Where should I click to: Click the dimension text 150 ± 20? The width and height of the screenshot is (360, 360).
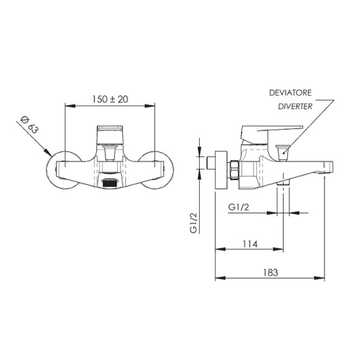click(110, 99)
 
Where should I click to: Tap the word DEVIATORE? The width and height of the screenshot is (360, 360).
click(290, 92)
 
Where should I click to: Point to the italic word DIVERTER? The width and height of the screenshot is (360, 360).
click(294, 106)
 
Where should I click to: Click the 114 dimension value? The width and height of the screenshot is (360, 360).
click(248, 244)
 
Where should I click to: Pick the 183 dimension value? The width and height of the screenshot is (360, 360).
click(270, 272)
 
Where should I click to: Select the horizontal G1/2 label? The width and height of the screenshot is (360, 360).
click(240, 207)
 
